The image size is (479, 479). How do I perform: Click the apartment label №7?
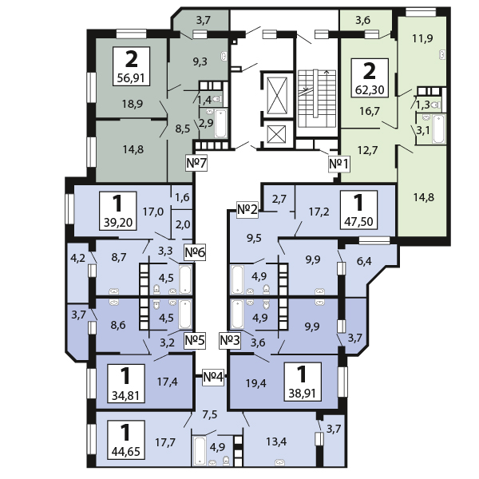click(196, 163)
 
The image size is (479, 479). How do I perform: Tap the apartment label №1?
click(338, 164)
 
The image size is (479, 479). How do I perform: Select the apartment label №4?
click(213, 377)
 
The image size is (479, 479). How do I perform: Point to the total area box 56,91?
click(131, 66)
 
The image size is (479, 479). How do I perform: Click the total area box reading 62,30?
click(370, 78)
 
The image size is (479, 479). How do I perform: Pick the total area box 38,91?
click(303, 382)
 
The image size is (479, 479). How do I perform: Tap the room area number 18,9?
click(133, 104)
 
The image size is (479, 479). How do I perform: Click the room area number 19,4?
click(256, 383)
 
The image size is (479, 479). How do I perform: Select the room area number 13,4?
click(276, 441)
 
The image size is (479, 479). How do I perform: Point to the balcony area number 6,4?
click(364, 261)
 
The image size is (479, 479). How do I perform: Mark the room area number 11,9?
click(422, 39)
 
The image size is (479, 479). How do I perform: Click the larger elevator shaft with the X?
click(277, 95)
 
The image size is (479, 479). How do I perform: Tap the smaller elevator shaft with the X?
click(276, 135)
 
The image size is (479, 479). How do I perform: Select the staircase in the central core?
click(317, 98)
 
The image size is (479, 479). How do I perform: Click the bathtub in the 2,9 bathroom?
click(220, 124)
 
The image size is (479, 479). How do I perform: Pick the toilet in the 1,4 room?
click(217, 99)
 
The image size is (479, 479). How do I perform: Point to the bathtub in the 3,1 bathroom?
click(438, 129)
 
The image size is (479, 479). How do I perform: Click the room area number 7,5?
click(209, 414)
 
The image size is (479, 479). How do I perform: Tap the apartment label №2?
click(247, 210)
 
